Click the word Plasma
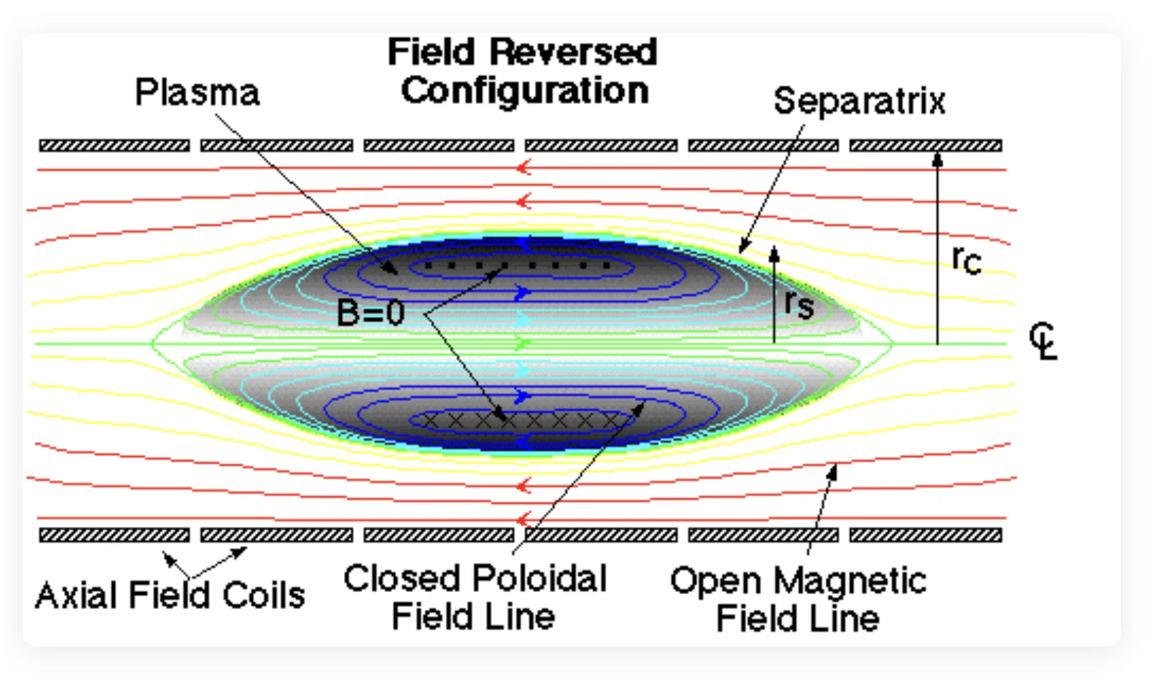pos(197,93)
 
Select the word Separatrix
pos(859,101)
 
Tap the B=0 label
pos(371,312)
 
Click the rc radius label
pos(967,259)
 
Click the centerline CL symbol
pos(1043,340)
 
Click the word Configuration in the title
pos(525,91)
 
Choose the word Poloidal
pos(539,579)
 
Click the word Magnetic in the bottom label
pos(850,581)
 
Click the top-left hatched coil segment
pos(114,146)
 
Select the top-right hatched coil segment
pos(926,146)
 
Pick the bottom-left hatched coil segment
pos(114,535)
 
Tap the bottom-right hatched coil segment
pos(926,535)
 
